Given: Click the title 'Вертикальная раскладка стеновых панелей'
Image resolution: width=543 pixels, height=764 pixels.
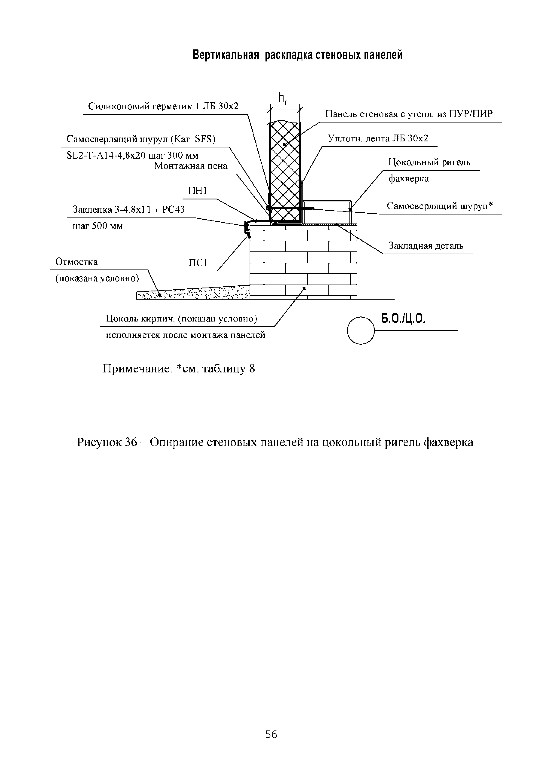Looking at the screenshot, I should pyautogui.click(x=297, y=55).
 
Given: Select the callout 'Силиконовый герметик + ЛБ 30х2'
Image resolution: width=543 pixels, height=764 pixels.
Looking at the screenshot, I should pyautogui.click(x=163, y=106).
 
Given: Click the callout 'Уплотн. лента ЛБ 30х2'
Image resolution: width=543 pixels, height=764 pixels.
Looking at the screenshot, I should pyautogui.click(x=378, y=138).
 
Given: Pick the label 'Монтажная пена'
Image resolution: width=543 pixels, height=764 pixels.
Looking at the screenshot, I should pyautogui.click(x=191, y=166).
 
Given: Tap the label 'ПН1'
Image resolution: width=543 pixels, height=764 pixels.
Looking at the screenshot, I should pyautogui.click(x=198, y=191).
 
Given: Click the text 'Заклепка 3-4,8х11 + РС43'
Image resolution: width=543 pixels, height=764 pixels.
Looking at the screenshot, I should pyautogui.click(x=128, y=210).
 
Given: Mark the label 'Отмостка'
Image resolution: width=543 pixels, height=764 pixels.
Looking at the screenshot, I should pyautogui.click(x=76, y=262).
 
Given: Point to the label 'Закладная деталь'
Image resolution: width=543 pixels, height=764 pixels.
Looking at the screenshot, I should pyautogui.click(x=426, y=246).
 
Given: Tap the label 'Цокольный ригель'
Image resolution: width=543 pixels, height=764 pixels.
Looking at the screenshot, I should pyautogui.click(x=429, y=162).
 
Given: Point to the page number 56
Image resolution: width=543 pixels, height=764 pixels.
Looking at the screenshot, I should pyautogui.click(x=271, y=735).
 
